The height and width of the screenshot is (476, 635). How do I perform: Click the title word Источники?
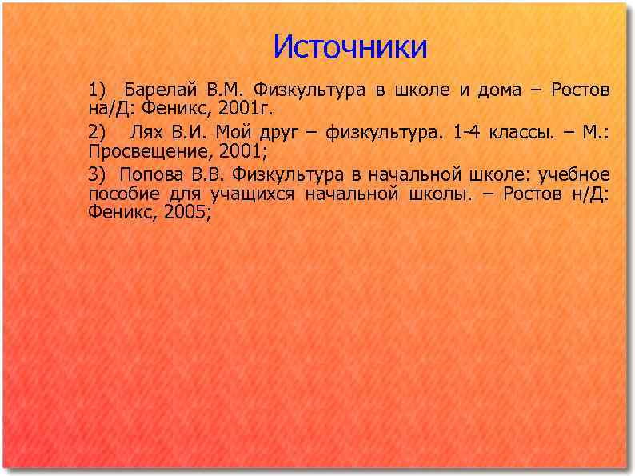click(x=350, y=46)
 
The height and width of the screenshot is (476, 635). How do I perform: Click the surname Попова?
click(x=148, y=174)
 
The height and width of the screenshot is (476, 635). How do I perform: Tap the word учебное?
click(x=574, y=174)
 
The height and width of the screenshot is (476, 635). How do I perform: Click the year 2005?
click(x=183, y=212)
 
